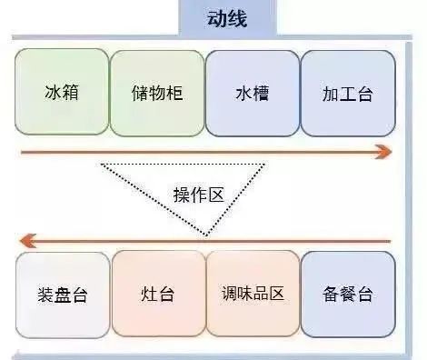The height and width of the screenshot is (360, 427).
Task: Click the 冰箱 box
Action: (x=62, y=93)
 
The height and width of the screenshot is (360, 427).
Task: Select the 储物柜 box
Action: (x=157, y=93)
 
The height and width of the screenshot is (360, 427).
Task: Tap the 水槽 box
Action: (x=253, y=93)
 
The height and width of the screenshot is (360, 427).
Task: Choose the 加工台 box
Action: (x=348, y=93)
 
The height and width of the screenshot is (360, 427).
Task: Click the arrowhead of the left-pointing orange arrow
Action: (x=27, y=241)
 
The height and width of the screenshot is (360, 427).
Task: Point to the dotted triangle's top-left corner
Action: (x=102, y=165)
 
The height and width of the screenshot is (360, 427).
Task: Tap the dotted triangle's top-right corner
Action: (x=265, y=165)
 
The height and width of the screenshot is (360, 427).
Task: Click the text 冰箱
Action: (x=62, y=93)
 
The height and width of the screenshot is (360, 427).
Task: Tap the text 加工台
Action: (x=348, y=93)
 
